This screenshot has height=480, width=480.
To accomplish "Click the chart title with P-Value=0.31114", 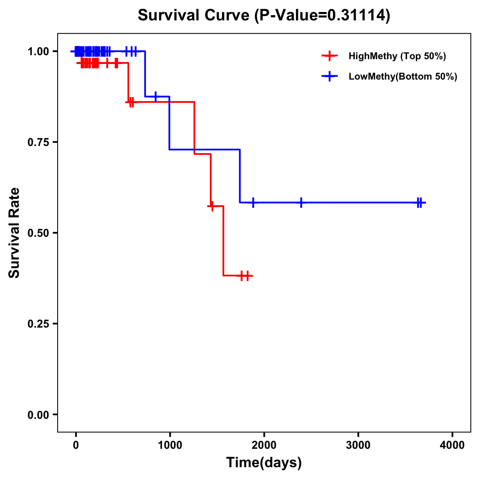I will (264, 16).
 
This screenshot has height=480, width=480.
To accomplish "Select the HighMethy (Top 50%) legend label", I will (397, 56).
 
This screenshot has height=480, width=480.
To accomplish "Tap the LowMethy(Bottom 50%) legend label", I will (403, 76).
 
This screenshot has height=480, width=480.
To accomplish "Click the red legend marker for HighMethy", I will (330, 56).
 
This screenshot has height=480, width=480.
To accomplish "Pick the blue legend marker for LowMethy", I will (330, 76).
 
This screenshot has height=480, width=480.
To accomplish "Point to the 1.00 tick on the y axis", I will (38, 52).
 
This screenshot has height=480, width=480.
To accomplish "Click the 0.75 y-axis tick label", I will (38, 142).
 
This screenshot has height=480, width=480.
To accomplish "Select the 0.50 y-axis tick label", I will (38, 233).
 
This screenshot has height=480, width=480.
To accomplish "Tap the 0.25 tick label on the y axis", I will (38, 324).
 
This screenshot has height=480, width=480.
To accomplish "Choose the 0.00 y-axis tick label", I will (38, 415).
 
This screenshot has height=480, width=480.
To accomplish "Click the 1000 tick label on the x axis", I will (170, 445).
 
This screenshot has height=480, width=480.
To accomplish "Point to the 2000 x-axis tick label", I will (264, 445).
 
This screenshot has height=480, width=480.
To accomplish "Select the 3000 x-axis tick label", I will (358, 445).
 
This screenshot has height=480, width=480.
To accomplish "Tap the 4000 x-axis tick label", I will (452, 445).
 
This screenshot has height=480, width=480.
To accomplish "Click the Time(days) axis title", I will (264, 463).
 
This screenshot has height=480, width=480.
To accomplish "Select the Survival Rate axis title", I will (14, 233).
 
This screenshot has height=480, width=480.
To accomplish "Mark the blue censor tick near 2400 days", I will (301, 202).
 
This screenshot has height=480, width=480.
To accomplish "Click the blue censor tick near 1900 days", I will (253, 202).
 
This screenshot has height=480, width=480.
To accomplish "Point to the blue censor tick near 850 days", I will (156, 96).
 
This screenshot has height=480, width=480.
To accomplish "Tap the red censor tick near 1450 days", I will (212, 206).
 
